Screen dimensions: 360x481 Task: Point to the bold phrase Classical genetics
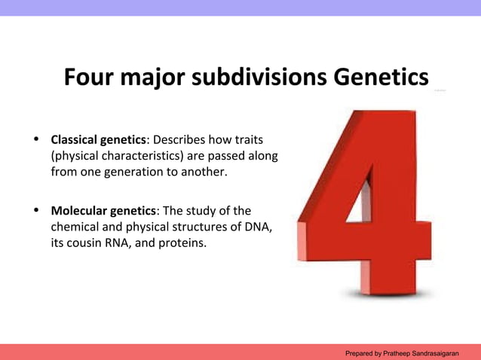coord(97,140)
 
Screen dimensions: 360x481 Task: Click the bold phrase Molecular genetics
coord(103,211)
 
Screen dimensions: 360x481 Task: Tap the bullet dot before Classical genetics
coord(35,140)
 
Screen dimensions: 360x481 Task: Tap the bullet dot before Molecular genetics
coord(35,211)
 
